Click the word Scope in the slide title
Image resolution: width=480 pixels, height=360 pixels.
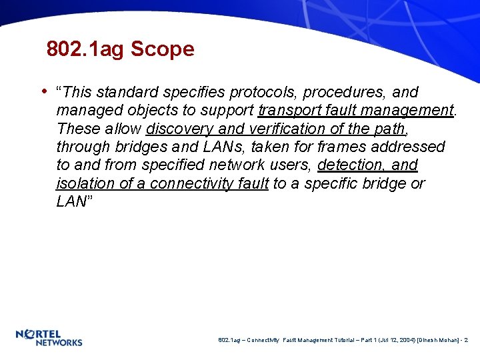[x=162, y=49]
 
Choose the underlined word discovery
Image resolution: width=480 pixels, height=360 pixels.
[x=180, y=128]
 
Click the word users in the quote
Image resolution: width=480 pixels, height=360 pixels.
[x=290, y=165]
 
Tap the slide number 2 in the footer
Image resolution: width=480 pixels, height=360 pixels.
[x=466, y=341]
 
